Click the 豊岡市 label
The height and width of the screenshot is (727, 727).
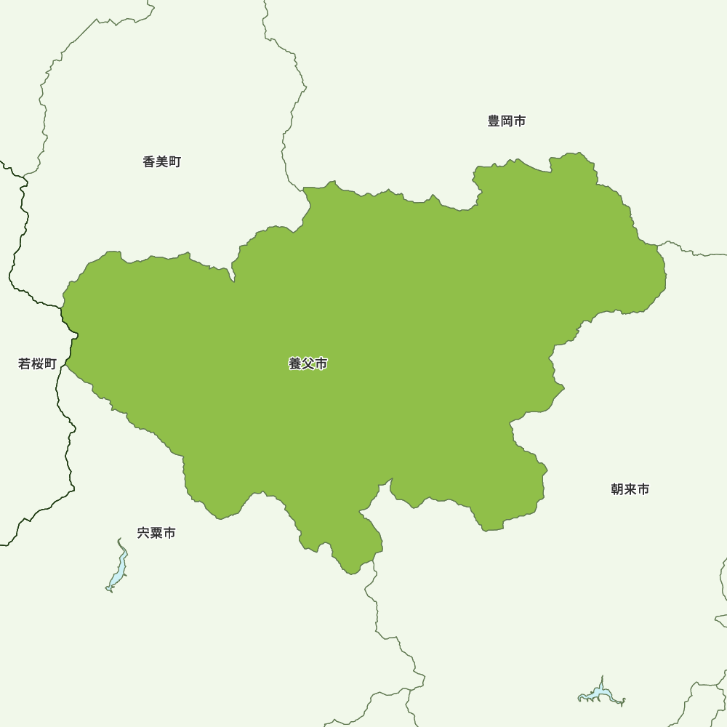[507, 121]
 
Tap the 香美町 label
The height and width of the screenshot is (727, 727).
[162, 162]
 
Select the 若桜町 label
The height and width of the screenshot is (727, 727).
[37, 364]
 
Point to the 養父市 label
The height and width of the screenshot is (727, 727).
[308, 364]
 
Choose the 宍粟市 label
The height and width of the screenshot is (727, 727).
[156, 533]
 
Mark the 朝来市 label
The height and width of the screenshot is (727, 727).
[630, 489]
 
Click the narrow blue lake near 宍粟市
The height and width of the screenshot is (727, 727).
[117, 567]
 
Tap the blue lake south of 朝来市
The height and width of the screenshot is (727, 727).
[602, 694]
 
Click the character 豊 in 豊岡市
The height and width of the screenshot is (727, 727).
[494, 121]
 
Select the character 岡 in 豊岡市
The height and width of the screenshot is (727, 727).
[507, 121]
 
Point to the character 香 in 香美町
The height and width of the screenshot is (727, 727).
[149, 162]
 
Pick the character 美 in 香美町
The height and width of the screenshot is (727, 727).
[162, 162]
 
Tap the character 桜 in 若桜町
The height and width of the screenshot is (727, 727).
[37, 364]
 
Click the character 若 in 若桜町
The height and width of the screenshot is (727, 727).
[24, 364]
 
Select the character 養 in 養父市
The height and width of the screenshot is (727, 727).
[295, 364]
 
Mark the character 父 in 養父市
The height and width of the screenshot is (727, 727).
[308, 364]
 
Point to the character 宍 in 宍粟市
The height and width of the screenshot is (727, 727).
[143, 533]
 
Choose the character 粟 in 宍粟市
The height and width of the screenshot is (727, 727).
[156, 533]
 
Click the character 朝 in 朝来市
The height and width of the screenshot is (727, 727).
[617, 489]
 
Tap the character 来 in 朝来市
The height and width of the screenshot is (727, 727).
[630, 489]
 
